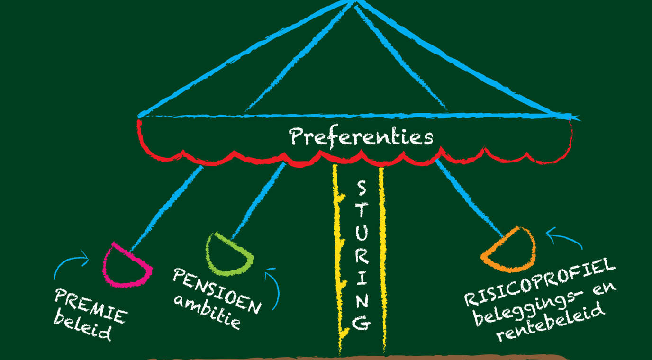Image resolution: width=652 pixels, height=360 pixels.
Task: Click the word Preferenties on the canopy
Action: click(x=361, y=137)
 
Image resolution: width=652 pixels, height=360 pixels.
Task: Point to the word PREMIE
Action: click(x=91, y=306)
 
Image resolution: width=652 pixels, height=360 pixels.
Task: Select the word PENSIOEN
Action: click(x=217, y=291)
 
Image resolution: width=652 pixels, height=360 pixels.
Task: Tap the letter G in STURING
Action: click(x=362, y=323)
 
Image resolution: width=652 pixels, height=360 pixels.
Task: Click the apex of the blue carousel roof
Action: click(x=354, y=1)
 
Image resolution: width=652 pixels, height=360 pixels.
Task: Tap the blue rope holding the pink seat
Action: click(x=166, y=208)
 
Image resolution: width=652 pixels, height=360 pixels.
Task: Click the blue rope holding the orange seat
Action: click(x=469, y=198)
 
